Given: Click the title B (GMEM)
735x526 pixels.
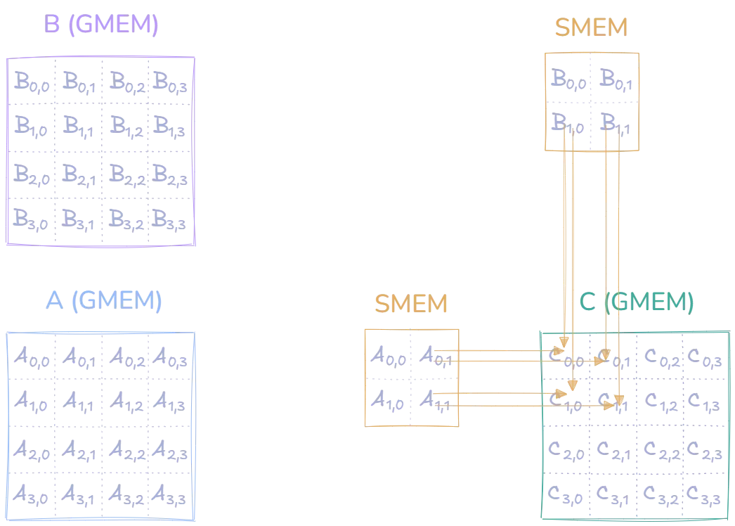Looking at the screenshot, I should click(101, 25).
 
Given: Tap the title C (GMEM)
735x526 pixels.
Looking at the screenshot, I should click(636, 303).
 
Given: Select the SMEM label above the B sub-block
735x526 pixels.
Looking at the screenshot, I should click(591, 28).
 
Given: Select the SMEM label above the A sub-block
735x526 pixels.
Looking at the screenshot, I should click(411, 304).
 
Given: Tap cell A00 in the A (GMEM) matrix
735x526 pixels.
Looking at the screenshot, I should click(32, 358).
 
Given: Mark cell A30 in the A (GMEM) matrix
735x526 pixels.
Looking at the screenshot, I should click(32, 496).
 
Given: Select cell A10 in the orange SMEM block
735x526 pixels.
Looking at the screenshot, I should click(389, 402).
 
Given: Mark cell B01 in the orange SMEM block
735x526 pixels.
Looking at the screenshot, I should click(615, 78).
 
